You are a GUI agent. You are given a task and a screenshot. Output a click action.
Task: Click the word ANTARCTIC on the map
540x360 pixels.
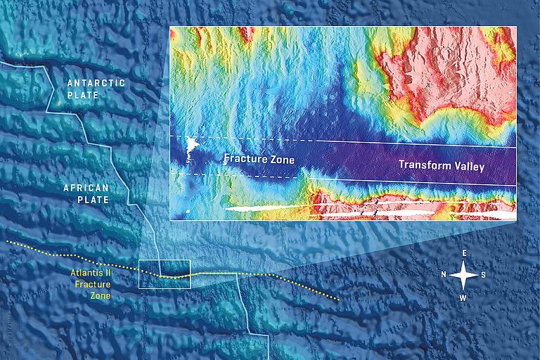[x=96, y=83]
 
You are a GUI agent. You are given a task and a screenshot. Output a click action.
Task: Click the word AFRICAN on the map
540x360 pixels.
[x=86, y=188]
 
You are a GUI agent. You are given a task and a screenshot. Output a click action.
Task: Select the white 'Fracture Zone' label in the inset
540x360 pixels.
[x=259, y=159]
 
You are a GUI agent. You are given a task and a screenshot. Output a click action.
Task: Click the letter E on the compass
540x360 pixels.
[x=464, y=252]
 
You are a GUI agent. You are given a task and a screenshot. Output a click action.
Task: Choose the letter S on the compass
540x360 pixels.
[x=484, y=274]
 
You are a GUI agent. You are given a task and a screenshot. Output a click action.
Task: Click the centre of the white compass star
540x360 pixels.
[x=464, y=275]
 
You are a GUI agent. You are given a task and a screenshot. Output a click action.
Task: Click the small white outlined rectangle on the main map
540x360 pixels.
[x=165, y=274]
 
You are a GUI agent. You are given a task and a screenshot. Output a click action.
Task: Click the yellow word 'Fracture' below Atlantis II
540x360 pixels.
[x=91, y=285]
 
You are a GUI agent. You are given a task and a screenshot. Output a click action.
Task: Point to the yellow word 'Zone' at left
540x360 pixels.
[x=100, y=296]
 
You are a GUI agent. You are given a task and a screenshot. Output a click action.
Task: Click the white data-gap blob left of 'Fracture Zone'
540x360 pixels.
[x=191, y=147]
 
